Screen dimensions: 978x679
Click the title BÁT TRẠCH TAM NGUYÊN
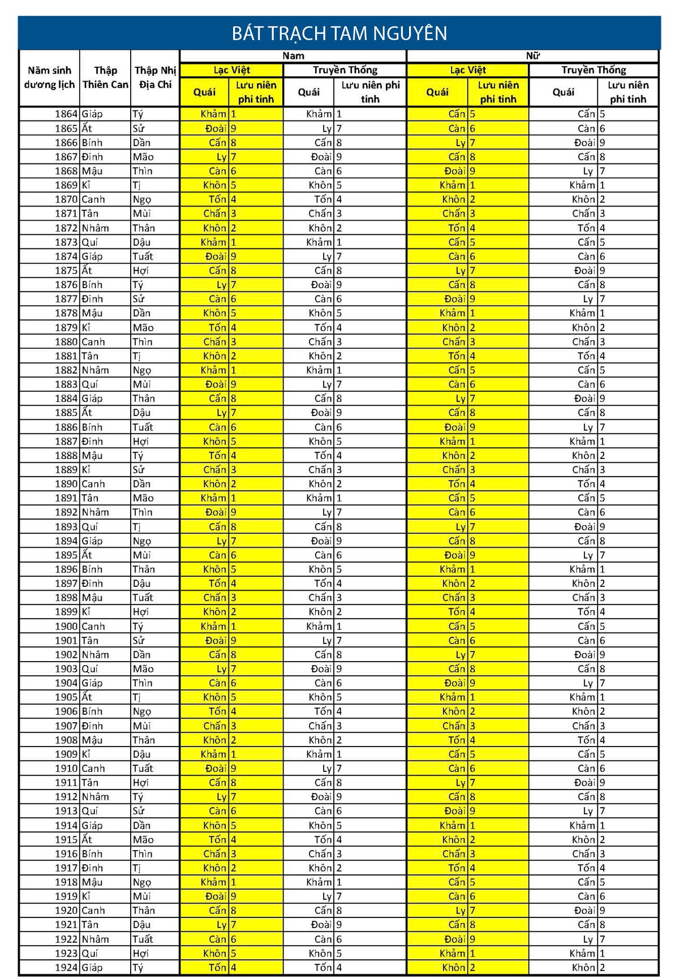coord(339,33)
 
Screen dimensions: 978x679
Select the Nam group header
coord(293,55)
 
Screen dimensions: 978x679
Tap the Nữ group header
coord(532,55)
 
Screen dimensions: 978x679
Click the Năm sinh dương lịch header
coord(49,78)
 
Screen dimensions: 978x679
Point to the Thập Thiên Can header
coord(105,78)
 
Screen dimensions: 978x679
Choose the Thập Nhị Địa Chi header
coord(155,78)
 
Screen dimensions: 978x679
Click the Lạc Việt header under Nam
coord(231,70)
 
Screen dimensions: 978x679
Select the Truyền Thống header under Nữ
coord(594,70)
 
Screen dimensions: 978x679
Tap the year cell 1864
coord(66,114)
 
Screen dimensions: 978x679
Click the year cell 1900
coord(66,627)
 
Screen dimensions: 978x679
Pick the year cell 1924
coord(66,968)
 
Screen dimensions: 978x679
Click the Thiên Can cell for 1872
coord(95,228)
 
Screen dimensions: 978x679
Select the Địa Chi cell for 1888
coord(138,456)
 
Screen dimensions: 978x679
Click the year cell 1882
coord(66,370)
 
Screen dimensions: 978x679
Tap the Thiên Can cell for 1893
coord(90,527)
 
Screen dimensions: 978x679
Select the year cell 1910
coord(66,769)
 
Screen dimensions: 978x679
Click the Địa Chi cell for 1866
coord(141,143)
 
